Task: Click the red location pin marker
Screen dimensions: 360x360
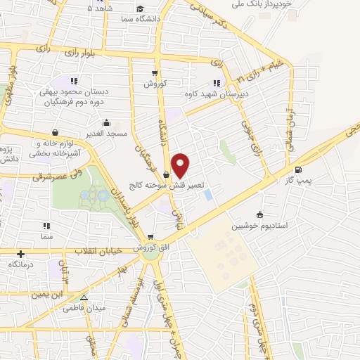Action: click(x=181, y=165)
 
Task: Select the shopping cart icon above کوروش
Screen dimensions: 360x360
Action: click(x=155, y=72)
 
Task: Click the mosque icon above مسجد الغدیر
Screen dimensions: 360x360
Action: click(x=107, y=122)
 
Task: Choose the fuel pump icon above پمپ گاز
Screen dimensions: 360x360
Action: click(x=299, y=169)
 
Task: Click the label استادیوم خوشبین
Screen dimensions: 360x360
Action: click(x=261, y=226)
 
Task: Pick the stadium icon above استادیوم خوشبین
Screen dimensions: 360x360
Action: click(x=260, y=214)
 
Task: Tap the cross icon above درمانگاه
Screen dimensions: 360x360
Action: click(x=21, y=254)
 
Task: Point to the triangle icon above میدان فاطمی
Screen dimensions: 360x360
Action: click(x=84, y=297)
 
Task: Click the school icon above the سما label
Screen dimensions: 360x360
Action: click(x=46, y=226)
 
